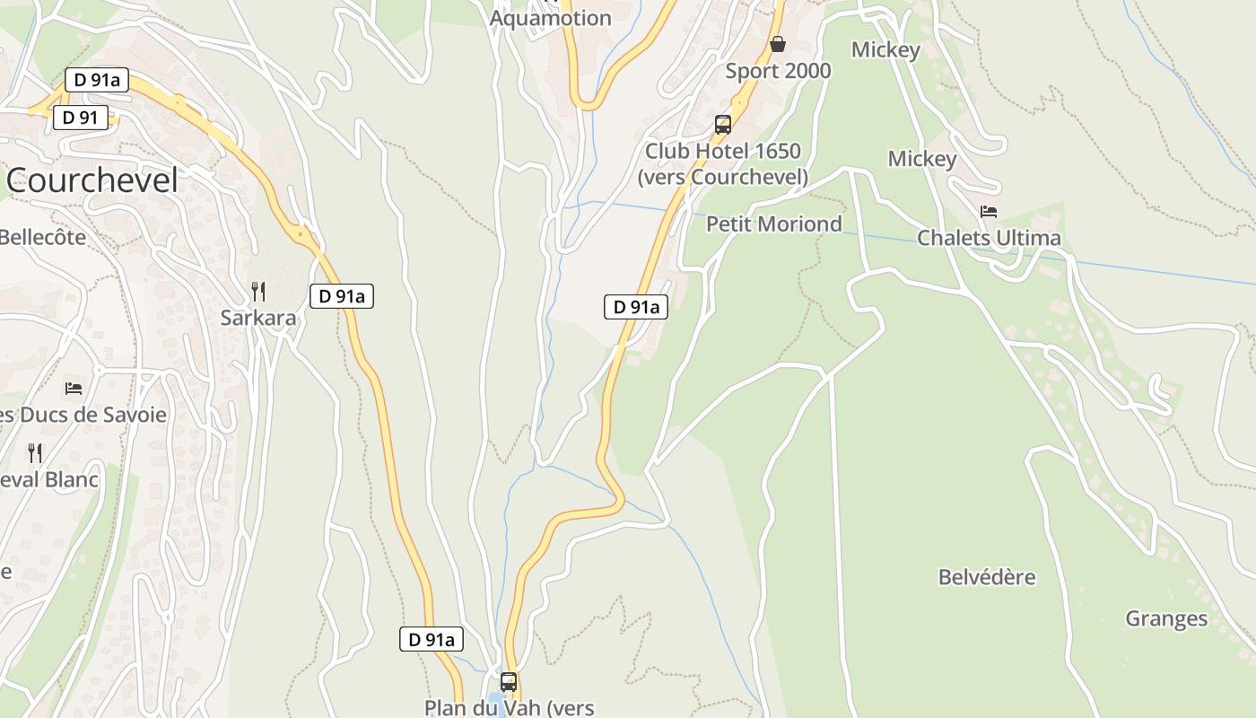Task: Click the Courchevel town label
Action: (92, 181)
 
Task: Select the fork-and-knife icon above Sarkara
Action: (258, 291)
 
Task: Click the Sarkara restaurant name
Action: (257, 318)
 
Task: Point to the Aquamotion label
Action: (551, 18)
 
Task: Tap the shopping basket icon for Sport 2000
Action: (778, 44)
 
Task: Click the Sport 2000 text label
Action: (778, 71)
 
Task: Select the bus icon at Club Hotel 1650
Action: (723, 125)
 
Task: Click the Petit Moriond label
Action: (774, 223)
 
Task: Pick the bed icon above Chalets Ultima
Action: (989, 212)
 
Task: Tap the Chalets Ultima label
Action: (989, 238)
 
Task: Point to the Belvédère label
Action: (987, 577)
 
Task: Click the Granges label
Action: (1166, 618)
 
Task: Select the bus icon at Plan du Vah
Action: (509, 682)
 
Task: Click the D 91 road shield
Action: (81, 118)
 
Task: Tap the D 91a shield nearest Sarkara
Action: (342, 296)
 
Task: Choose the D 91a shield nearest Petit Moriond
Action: (636, 307)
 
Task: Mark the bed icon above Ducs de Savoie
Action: (74, 389)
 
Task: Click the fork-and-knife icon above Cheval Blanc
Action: (35, 452)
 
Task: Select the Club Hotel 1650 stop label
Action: (723, 163)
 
